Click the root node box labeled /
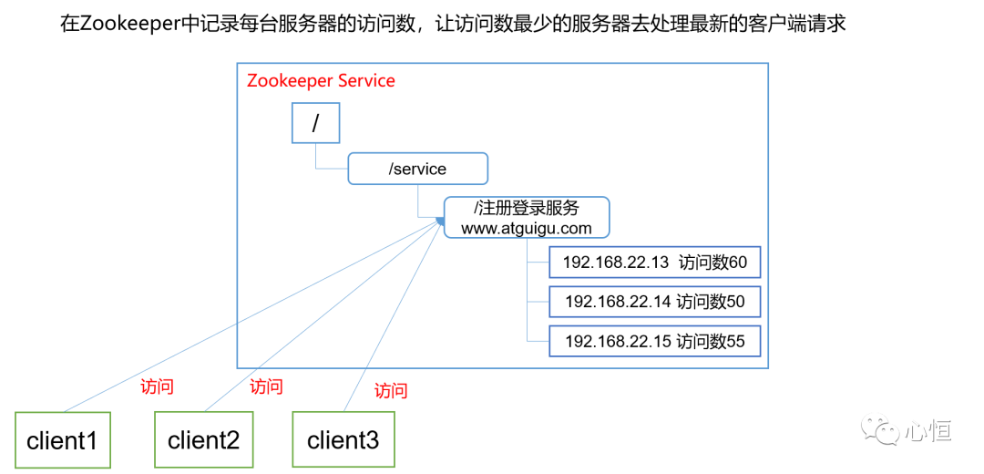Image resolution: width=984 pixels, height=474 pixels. click(x=315, y=123)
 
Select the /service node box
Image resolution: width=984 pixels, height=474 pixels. click(x=417, y=169)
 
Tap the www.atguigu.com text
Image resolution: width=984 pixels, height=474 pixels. click(x=526, y=228)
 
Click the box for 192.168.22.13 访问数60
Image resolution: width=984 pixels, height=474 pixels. click(x=654, y=263)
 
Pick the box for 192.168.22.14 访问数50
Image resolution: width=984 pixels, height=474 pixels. click(x=654, y=301)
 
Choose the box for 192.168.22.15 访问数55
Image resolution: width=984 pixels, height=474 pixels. click(x=654, y=341)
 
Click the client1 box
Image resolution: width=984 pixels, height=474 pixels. click(x=62, y=441)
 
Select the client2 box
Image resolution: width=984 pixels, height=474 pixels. click(x=203, y=440)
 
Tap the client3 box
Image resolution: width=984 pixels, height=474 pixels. click(x=343, y=440)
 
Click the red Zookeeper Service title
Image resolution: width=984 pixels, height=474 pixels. click(x=321, y=80)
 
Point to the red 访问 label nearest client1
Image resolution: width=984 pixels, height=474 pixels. click(x=157, y=386)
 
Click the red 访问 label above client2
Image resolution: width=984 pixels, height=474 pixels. click(x=266, y=386)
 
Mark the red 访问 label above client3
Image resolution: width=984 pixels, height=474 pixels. click(x=391, y=391)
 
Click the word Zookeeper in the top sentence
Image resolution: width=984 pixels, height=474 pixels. click(x=130, y=24)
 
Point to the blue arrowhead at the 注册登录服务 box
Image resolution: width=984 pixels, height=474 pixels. click(x=440, y=220)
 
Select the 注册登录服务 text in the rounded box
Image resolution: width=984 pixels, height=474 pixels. click(x=533, y=208)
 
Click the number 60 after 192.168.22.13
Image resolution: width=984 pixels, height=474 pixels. click(x=737, y=263)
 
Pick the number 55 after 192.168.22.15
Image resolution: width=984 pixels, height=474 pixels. click(x=735, y=341)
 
